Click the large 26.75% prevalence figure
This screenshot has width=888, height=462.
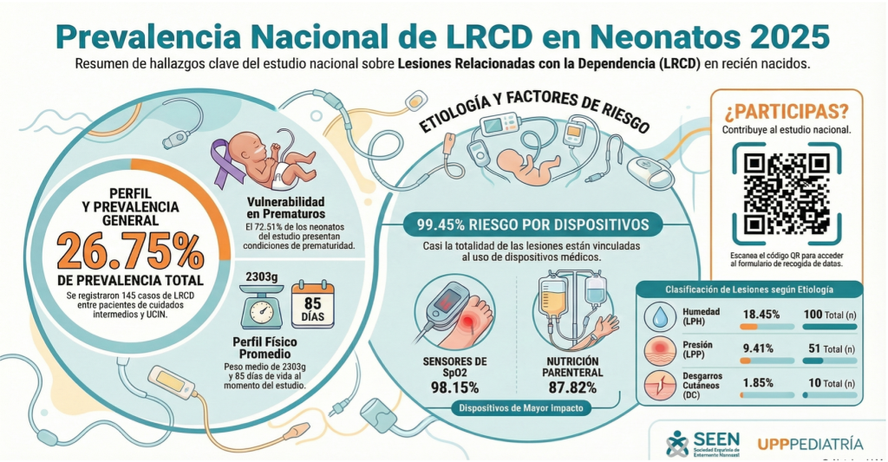pos(130,251)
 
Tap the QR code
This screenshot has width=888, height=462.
pos(786,193)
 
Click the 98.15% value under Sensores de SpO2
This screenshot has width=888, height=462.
pos(454,387)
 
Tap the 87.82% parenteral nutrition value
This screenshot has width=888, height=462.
pos(574,387)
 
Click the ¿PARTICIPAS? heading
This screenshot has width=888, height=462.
pos(786,111)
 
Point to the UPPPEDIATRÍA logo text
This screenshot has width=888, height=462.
pos(810,444)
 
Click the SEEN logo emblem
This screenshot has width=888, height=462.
pos(676,443)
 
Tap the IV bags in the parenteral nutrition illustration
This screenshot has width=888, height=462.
pos(574,290)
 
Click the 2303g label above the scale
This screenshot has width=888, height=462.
pos(260,276)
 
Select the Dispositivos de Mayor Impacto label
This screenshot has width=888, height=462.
pos(520,408)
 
